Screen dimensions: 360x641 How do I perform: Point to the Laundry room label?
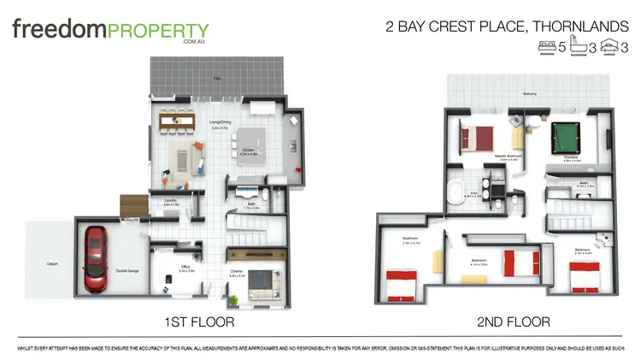[x=171, y=202]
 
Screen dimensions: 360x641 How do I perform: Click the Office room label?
[x=185, y=268]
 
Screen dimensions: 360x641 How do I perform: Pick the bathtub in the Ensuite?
[x=459, y=191]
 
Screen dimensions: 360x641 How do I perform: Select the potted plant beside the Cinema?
[x=232, y=300]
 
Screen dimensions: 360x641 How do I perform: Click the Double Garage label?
[x=128, y=271]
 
